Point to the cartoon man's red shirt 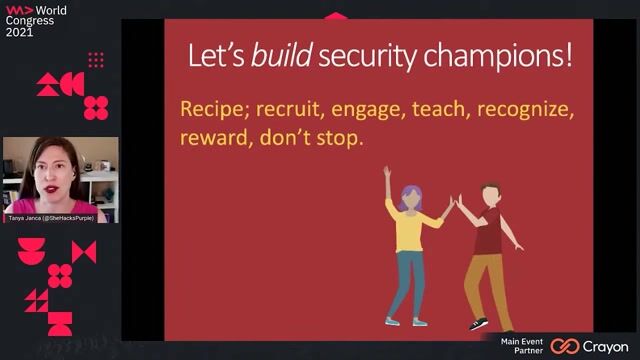coord(487,232)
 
